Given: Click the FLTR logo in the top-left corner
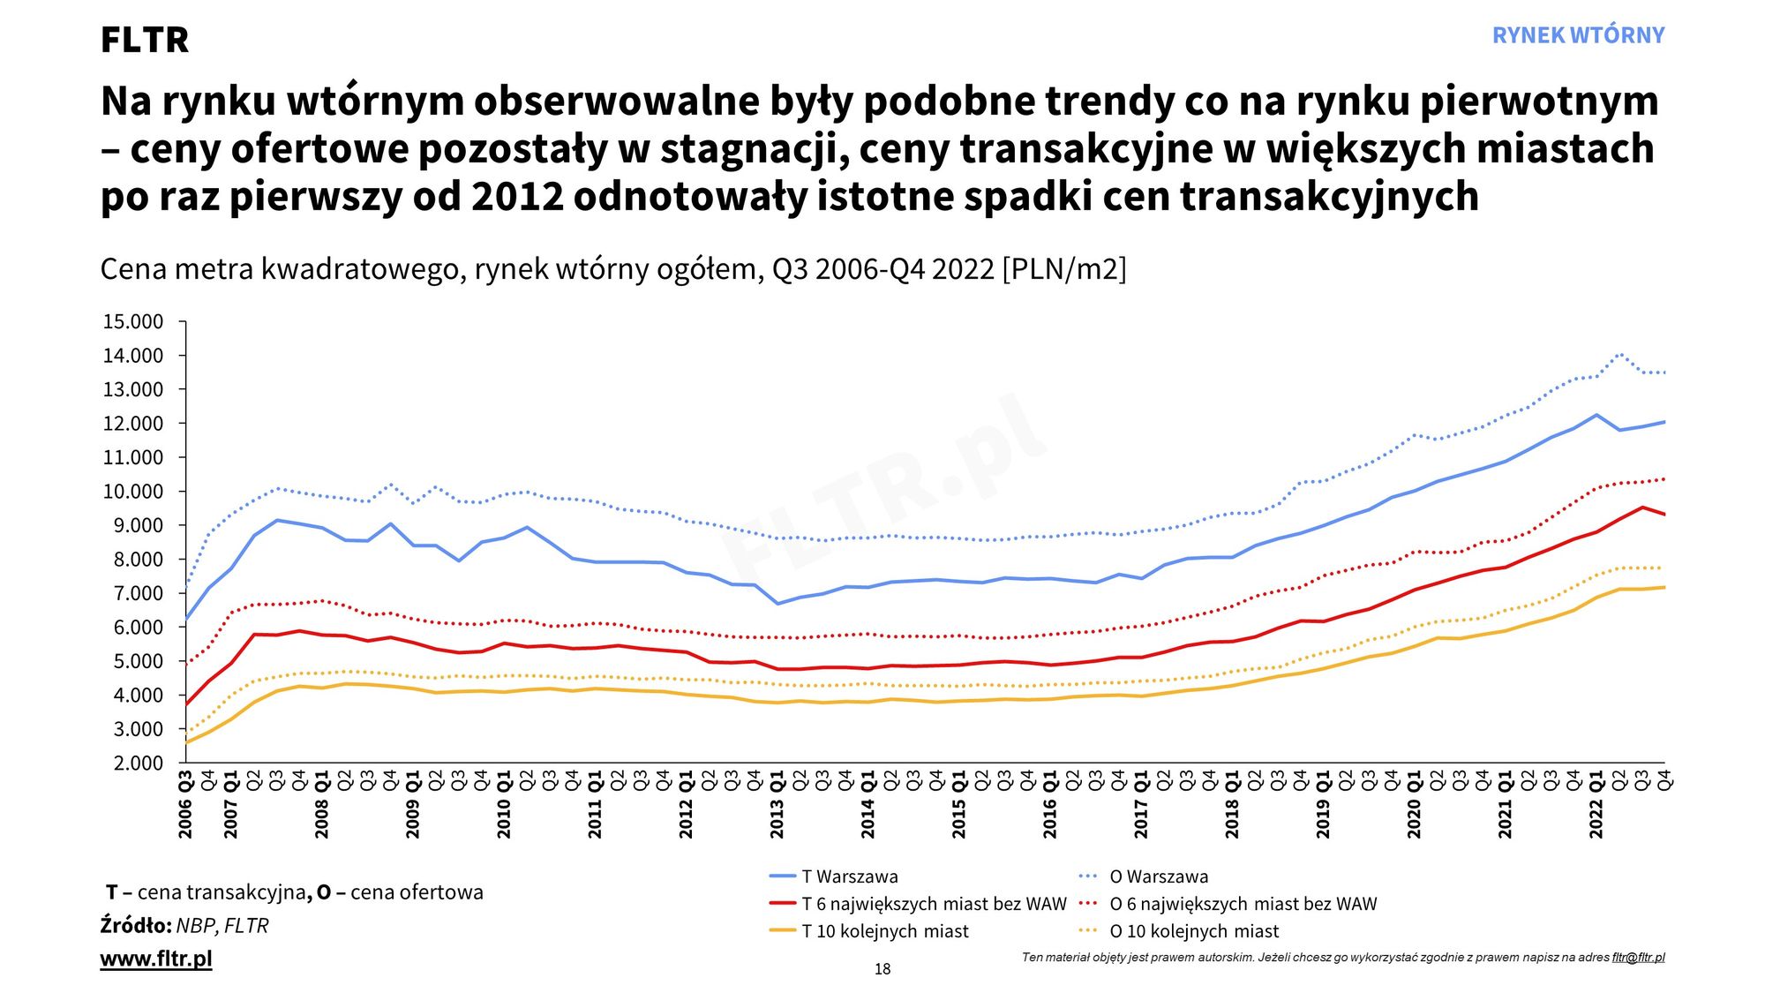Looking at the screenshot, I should pyautogui.click(x=145, y=40).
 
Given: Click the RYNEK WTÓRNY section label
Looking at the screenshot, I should pyautogui.click(x=1578, y=35).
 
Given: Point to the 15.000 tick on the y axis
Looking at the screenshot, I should pyautogui.click(x=133, y=322).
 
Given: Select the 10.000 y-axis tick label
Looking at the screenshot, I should pyautogui.click(x=133, y=492).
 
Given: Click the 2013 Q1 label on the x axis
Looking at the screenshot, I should pyautogui.click(x=777, y=805).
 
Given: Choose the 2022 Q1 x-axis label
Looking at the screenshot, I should pyautogui.click(x=1596, y=805).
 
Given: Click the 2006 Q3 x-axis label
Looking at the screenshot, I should pyautogui.click(x=185, y=805).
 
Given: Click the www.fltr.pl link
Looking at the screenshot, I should pyautogui.click(x=156, y=959).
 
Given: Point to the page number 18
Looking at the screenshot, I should pyautogui.click(x=882, y=969).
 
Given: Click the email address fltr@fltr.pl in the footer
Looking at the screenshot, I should pyautogui.click(x=1638, y=957).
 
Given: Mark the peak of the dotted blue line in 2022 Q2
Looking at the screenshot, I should pyautogui.click(x=1619, y=354).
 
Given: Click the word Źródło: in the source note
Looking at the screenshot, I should pyautogui.click(x=136, y=926).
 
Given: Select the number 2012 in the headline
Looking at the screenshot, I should pyautogui.click(x=517, y=196).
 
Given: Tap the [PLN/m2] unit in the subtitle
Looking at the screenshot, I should pyautogui.click(x=1064, y=269).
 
